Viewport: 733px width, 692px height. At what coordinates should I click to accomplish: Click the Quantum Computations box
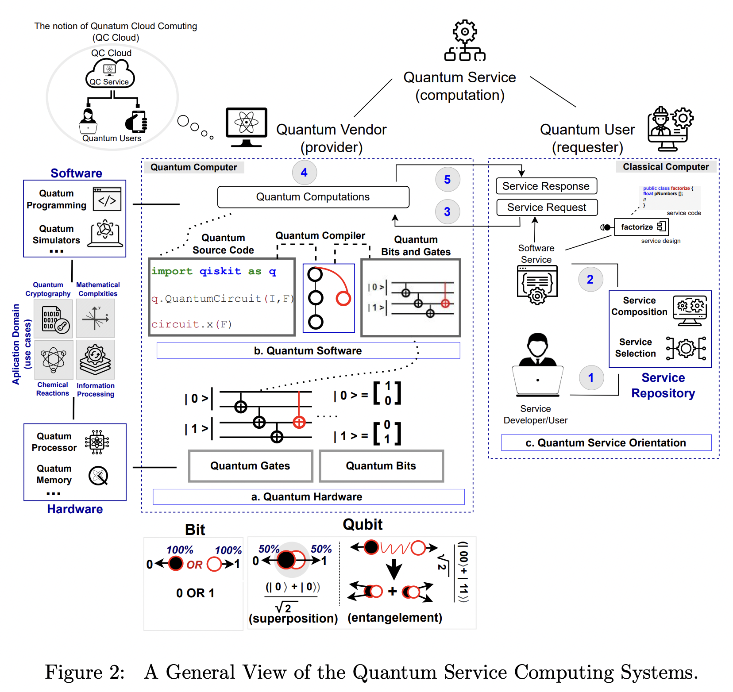pyautogui.click(x=313, y=197)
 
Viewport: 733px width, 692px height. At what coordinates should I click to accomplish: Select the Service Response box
pyautogui.click(x=546, y=186)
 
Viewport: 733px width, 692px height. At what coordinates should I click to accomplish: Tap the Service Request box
pyautogui.click(x=547, y=208)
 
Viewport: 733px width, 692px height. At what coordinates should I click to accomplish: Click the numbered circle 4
pyautogui.click(x=304, y=173)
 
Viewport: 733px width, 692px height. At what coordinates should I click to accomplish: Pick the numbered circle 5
pyautogui.click(x=448, y=180)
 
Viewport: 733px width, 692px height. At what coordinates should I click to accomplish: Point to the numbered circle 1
pyautogui.click(x=591, y=377)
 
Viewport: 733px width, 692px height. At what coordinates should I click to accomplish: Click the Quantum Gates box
pyautogui.click(x=251, y=466)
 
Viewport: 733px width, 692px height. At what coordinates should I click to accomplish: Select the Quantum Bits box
pyautogui.click(x=381, y=466)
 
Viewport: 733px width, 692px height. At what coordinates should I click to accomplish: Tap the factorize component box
pyautogui.click(x=640, y=227)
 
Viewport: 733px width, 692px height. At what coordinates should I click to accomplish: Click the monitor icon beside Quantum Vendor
pyautogui.click(x=247, y=127)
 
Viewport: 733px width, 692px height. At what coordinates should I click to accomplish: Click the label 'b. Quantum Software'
pyautogui.click(x=308, y=351)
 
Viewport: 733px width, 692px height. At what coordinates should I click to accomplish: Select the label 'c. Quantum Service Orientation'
pyautogui.click(x=606, y=443)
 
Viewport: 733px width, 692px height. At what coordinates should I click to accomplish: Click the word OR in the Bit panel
pyautogui.click(x=194, y=565)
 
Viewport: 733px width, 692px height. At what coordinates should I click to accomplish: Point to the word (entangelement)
pyautogui.click(x=395, y=618)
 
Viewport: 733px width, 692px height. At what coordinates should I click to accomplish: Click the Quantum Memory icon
pyautogui.click(x=98, y=476)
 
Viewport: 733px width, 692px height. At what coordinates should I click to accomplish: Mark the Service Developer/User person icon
pyautogui.click(x=537, y=365)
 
